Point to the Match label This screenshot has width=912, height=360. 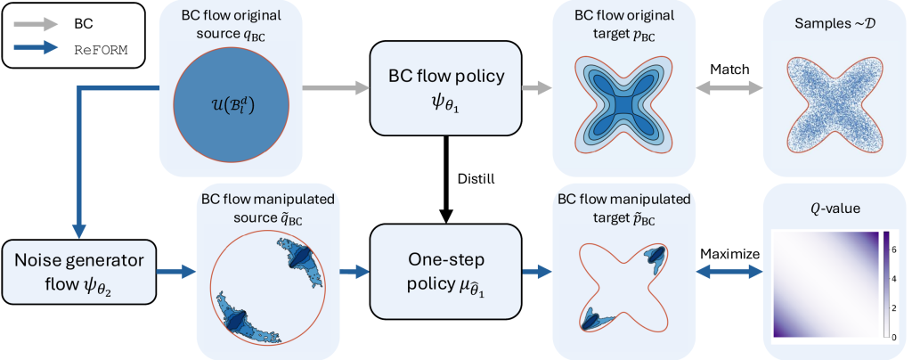[x=729, y=69]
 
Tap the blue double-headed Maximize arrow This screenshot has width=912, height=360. [x=729, y=272]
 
